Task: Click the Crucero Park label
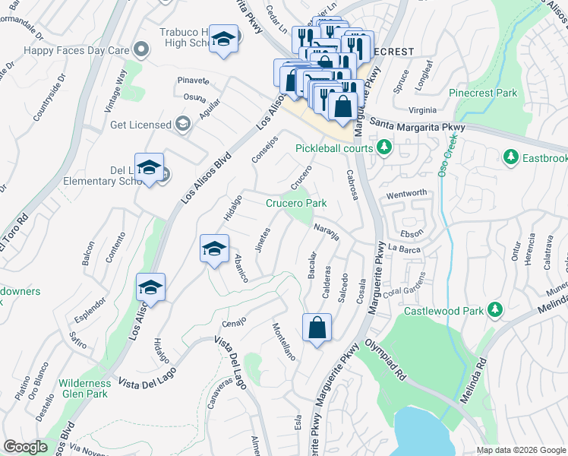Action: click(x=296, y=203)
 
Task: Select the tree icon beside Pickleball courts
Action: click(x=385, y=147)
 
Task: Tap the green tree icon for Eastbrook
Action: click(x=509, y=157)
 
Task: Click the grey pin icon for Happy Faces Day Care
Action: click(x=140, y=49)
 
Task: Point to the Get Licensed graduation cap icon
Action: click(x=182, y=124)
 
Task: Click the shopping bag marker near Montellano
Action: click(x=317, y=328)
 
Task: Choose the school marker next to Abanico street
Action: click(x=214, y=249)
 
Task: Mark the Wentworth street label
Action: click(x=407, y=194)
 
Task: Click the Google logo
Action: click(x=26, y=446)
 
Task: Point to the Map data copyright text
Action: click(x=520, y=450)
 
